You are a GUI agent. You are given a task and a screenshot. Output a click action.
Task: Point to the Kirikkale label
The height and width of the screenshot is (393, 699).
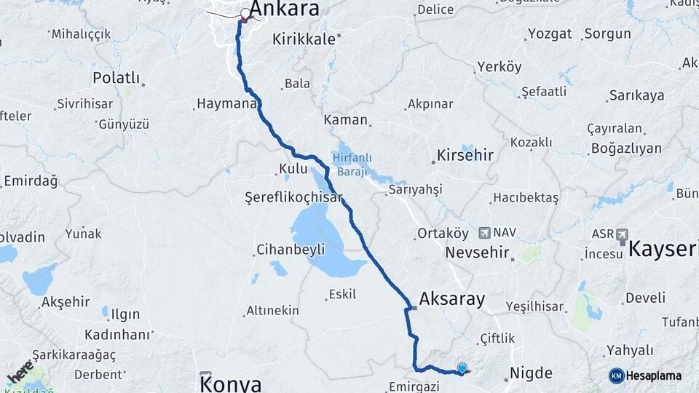click(304, 40)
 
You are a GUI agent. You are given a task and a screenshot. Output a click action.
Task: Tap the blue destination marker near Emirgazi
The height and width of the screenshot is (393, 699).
click(462, 368)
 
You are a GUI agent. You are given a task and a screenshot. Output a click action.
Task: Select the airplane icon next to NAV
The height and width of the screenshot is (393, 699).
click(484, 233)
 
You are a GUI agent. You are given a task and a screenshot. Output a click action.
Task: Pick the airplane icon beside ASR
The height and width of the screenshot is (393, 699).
click(621, 234)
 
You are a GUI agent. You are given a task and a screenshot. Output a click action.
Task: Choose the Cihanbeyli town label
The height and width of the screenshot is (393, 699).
click(291, 250)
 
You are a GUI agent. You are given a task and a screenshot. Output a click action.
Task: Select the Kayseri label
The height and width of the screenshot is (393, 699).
click(663, 250)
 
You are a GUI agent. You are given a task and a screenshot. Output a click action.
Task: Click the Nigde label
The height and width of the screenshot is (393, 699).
click(532, 373)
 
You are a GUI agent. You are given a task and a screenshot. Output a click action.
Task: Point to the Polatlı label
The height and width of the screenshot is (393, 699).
click(116, 78)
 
